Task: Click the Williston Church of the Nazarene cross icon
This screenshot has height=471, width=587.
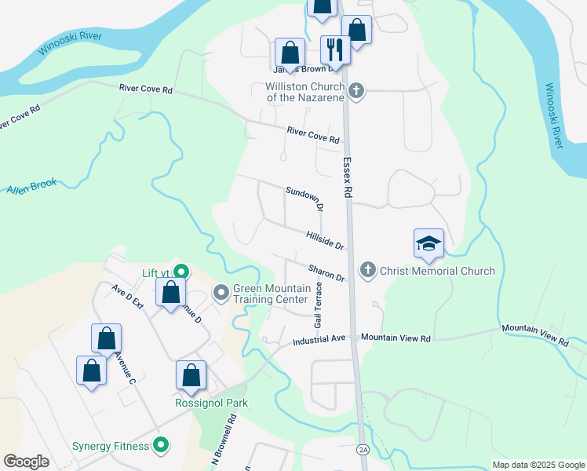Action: [x=356, y=91]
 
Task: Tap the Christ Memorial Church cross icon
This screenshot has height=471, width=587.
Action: [x=366, y=271]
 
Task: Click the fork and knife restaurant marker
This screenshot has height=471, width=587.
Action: [x=335, y=49]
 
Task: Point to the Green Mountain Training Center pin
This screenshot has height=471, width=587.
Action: [x=221, y=294]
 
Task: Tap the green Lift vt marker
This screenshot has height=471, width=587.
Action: [x=180, y=273]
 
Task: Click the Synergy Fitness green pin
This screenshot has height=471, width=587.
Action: [x=162, y=446]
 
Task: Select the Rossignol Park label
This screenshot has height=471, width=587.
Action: [x=211, y=403]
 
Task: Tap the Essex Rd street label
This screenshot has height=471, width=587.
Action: [x=348, y=176]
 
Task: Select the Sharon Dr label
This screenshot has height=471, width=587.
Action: [x=326, y=272]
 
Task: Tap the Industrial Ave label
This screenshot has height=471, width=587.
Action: [x=319, y=341]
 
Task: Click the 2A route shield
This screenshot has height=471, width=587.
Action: [x=363, y=449]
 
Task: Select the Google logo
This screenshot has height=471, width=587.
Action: [x=26, y=462]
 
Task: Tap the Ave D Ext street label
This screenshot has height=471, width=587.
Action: [x=128, y=300]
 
